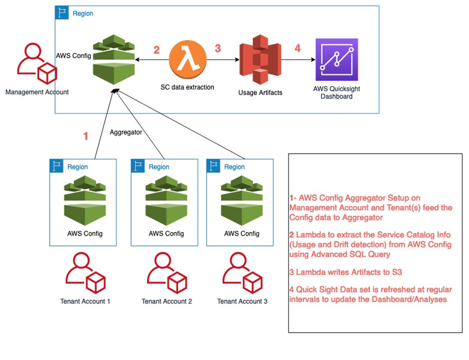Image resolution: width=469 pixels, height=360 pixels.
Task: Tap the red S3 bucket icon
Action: (260, 59)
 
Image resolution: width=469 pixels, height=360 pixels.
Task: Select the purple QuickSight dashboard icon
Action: (336, 59)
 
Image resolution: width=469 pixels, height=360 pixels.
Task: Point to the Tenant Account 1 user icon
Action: (85, 273)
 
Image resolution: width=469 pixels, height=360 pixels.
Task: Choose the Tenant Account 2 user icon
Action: (166, 273)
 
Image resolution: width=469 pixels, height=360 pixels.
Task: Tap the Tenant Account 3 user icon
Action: (242, 273)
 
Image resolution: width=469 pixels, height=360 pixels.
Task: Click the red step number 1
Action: (85, 136)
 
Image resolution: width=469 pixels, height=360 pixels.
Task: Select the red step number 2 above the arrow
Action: (156, 50)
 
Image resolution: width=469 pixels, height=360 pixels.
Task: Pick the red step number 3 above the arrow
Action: (218, 49)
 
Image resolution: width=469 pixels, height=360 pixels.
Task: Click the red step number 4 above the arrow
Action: (298, 49)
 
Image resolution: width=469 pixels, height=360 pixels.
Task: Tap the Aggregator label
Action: (125, 132)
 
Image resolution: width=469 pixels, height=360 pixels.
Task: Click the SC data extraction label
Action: (187, 87)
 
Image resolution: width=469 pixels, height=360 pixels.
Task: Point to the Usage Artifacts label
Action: (260, 92)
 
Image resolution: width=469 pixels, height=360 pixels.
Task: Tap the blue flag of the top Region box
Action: (62, 13)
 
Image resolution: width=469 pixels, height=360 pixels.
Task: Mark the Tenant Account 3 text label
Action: (242, 301)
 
